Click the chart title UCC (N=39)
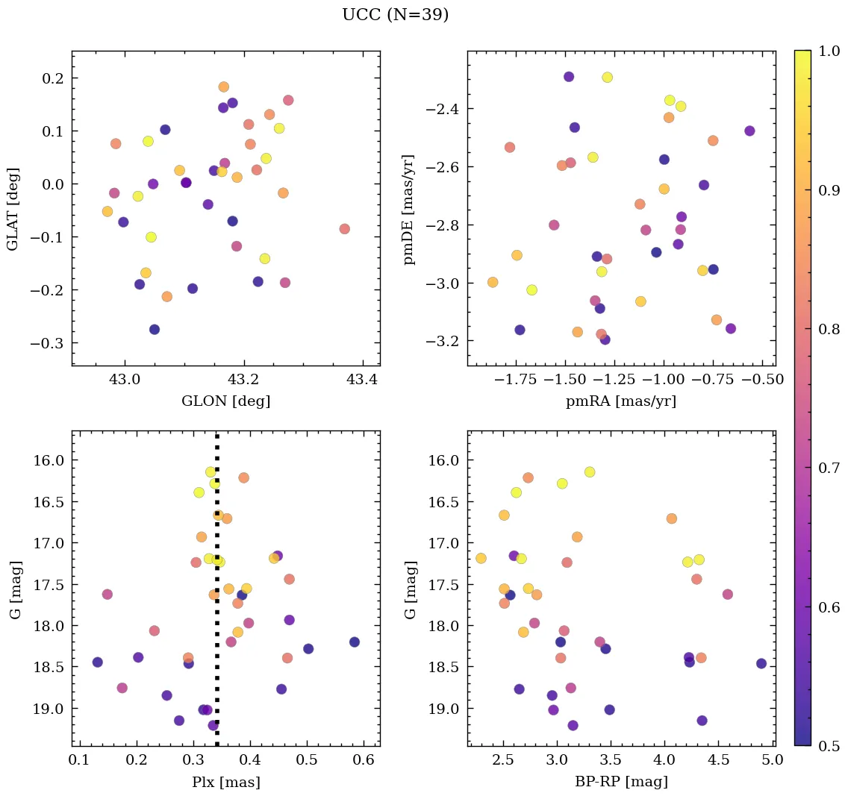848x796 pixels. pyautogui.click(x=395, y=15)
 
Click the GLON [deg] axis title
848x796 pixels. pyautogui.click(x=225, y=401)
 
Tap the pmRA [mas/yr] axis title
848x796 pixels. pyautogui.click(x=621, y=401)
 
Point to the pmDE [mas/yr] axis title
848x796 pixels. pyautogui.click(x=408, y=209)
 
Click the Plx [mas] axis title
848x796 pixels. pyautogui.click(x=225, y=783)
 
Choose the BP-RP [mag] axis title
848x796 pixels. pyautogui.click(x=621, y=783)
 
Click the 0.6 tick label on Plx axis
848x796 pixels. pyautogui.click(x=364, y=760)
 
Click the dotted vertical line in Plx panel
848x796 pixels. pyautogui.click(x=217, y=597)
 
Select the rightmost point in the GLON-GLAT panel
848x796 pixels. pyautogui.click(x=344, y=229)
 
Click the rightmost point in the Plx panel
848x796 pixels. pyautogui.click(x=355, y=642)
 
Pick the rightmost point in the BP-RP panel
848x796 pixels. pyautogui.click(x=761, y=663)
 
